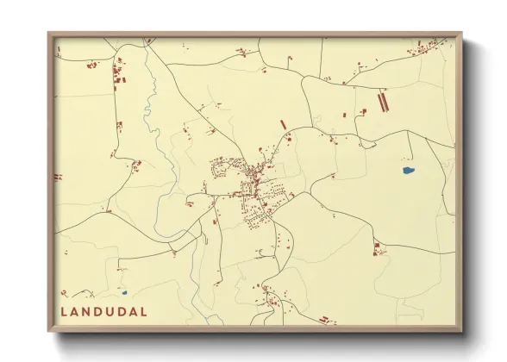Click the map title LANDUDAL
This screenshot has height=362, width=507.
103,311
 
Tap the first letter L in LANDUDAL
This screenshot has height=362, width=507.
64,311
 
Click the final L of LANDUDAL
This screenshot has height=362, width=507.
143,311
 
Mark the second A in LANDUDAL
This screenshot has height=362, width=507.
133,311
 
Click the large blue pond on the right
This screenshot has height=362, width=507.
408,171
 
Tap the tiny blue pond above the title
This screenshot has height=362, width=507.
124,292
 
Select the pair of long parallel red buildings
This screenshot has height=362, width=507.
383,103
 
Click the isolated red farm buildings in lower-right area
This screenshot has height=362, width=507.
377,249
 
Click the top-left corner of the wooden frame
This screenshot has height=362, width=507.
49,34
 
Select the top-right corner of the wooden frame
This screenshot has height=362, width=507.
461,34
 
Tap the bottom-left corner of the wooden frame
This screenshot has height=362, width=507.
49,332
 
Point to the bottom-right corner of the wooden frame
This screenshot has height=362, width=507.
461,332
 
